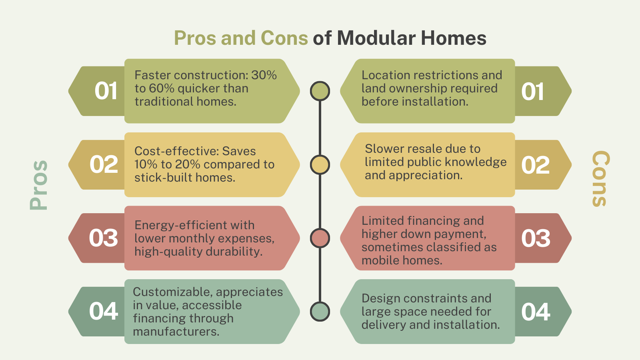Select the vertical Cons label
[601, 179]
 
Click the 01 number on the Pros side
[106, 91]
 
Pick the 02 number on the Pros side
[104, 165]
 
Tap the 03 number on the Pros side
[104, 238]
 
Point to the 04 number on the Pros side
[104, 312]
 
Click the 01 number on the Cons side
[533, 92]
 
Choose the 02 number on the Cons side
[536, 165]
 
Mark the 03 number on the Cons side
[536, 238]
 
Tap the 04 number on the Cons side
[536, 312]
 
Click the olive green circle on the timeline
[320, 91]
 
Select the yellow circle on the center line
[320, 165]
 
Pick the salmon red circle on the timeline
[320, 238]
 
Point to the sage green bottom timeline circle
[320, 312]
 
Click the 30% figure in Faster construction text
[264, 75]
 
